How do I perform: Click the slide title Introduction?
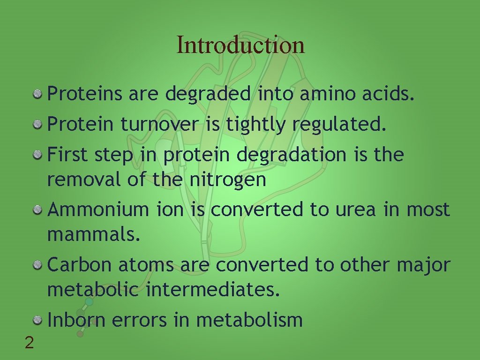point(240,45)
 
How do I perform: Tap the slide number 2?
point(29,344)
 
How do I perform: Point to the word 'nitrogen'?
point(228,180)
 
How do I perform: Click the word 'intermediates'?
point(213,290)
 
